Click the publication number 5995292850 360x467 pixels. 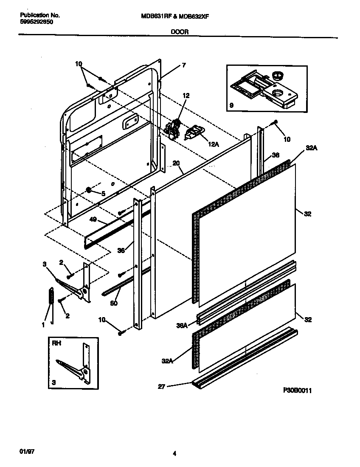click(36, 22)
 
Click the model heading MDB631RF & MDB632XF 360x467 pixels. click(174, 16)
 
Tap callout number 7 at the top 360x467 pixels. click(183, 65)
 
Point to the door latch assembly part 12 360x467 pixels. click(173, 128)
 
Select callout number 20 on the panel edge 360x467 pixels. click(176, 163)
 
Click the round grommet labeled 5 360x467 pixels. click(89, 190)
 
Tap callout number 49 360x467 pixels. click(94, 220)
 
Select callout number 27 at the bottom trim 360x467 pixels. click(161, 386)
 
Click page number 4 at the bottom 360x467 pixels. click(174, 454)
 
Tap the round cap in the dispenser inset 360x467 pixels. click(278, 76)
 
